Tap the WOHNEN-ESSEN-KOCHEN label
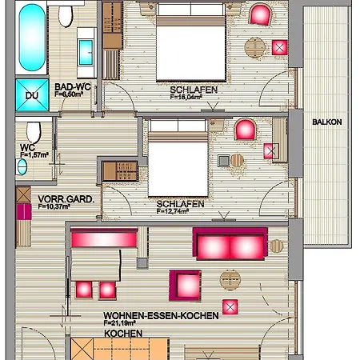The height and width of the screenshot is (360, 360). pyautogui.click(x=160, y=315)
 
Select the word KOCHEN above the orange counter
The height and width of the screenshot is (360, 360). pyautogui.click(x=123, y=333)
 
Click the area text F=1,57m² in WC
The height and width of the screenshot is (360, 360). pyautogui.click(x=34, y=154)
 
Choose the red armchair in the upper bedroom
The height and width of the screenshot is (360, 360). pyautogui.click(x=260, y=14)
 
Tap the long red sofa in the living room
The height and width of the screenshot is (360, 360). pyautogui.click(x=230, y=242)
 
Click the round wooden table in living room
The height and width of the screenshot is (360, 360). pyautogui.click(x=229, y=280)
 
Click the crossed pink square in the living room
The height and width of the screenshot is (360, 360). pyautogui.click(x=230, y=306)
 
